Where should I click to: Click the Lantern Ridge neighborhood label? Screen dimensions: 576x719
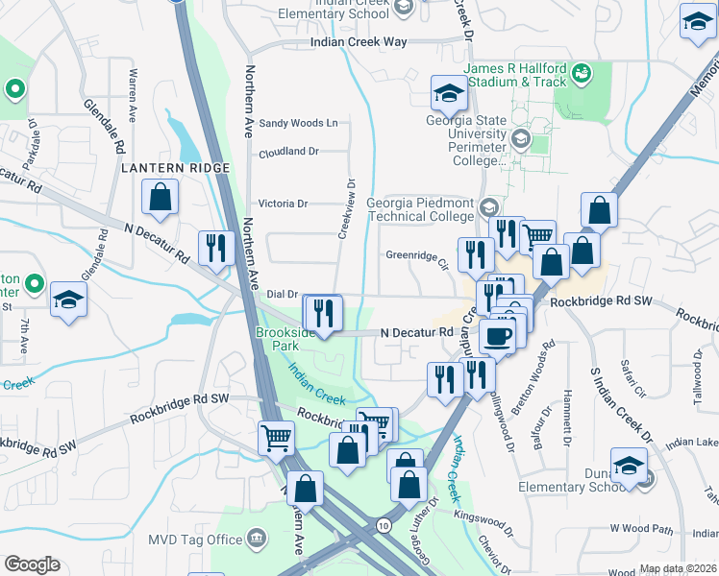click(176, 168)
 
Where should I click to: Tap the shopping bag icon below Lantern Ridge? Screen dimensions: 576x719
click(161, 200)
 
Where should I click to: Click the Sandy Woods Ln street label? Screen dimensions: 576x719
click(299, 123)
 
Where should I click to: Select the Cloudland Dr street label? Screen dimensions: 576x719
click(288, 152)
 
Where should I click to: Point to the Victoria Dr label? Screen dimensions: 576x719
click(283, 204)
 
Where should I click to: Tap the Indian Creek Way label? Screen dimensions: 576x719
click(359, 42)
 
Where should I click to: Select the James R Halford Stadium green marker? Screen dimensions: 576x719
click(581, 72)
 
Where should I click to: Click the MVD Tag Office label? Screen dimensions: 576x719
click(195, 540)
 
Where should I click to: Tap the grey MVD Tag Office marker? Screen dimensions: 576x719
click(257, 538)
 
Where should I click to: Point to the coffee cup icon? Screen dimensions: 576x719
click(498, 336)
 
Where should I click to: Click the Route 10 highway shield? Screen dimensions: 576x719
click(384, 525)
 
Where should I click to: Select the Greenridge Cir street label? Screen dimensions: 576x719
click(417, 256)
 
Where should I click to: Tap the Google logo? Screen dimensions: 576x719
click(31, 564)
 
